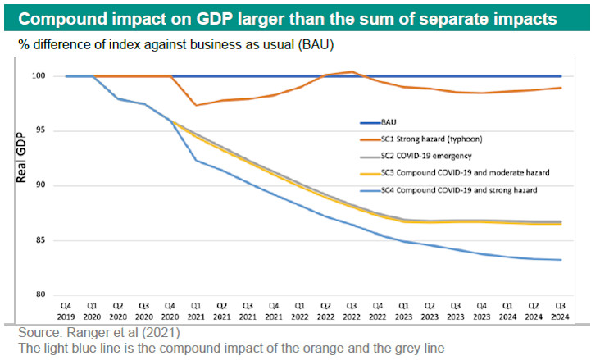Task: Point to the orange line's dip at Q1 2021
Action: [x=195, y=105]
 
